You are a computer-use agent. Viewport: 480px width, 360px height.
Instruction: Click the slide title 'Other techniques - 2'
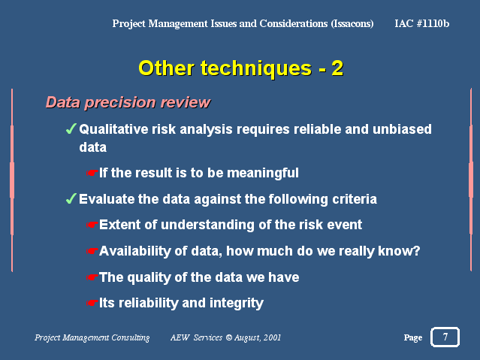click(x=241, y=68)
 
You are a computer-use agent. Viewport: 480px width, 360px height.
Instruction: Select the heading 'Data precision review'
click(x=128, y=102)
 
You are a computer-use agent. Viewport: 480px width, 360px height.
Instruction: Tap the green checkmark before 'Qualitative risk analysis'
click(x=71, y=129)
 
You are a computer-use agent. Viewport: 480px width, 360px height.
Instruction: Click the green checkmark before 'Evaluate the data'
click(x=71, y=198)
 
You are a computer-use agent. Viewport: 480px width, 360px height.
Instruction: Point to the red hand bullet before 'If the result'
click(x=92, y=173)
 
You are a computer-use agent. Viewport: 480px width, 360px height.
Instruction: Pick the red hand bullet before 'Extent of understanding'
click(x=92, y=225)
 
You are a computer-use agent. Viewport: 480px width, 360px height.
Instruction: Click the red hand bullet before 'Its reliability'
click(x=92, y=303)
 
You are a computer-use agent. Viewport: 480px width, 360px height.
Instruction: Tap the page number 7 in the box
click(x=445, y=337)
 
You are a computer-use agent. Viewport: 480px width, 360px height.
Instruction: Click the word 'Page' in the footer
click(x=413, y=337)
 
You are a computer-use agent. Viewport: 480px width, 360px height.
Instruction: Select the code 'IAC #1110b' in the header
click(x=422, y=23)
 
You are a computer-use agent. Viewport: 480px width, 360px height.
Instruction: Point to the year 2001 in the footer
click(x=272, y=337)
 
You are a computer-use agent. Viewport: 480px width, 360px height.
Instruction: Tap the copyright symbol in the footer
click(x=228, y=337)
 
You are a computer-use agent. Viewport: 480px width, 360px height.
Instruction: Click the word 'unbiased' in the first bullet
click(x=402, y=129)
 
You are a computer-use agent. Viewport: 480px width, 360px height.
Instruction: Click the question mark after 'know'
click(x=417, y=251)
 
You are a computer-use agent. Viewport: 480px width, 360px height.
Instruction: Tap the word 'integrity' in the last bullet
click(x=237, y=304)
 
